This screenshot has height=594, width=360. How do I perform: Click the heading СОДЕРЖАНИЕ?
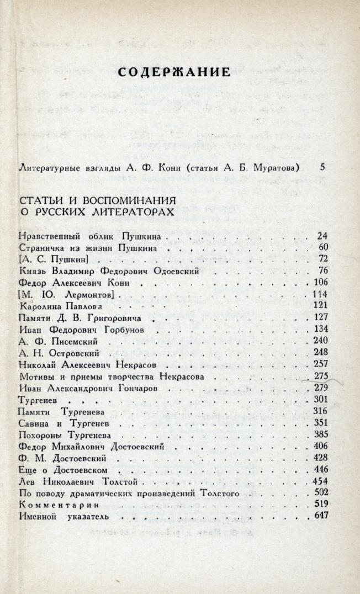(x=174, y=72)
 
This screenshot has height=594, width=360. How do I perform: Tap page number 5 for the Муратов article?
(x=323, y=167)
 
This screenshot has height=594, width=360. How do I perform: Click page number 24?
(x=323, y=236)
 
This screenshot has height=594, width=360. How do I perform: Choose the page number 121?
(x=321, y=305)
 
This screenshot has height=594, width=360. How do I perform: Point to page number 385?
(x=321, y=434)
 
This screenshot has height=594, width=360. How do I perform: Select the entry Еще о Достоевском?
(x=65, y=469)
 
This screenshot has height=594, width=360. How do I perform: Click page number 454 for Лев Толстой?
(x=321, y=481)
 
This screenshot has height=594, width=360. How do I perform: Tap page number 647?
(x=321, y=516)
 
